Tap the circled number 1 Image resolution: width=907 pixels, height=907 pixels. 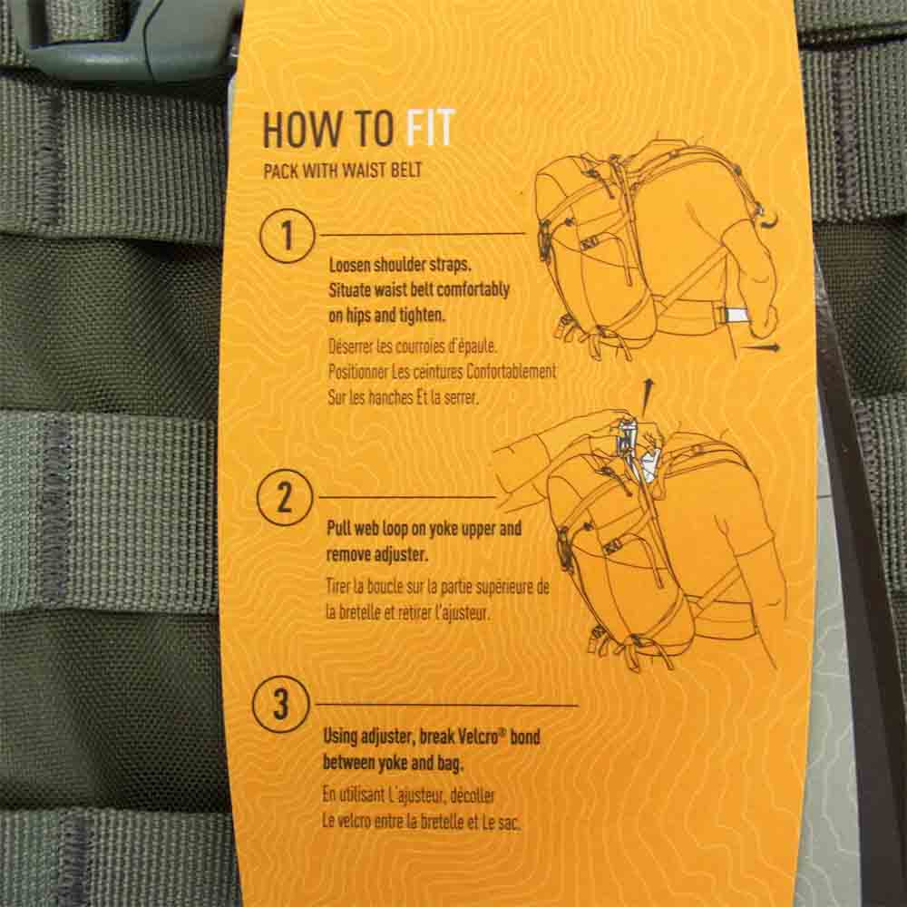(x=287, y=236)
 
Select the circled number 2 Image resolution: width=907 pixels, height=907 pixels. (x=285, y=497)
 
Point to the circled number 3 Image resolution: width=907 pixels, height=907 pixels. (x=280, y=704)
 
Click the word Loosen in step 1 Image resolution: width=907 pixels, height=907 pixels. (x=349, y=265)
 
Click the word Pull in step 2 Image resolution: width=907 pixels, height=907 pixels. (x=338, y=528)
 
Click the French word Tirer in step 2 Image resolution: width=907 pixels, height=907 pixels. (x=337, y=587)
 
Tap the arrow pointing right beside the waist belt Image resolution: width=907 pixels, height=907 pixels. (x=761, y=347)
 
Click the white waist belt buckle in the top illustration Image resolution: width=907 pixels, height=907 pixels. (x=734, y=316)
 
